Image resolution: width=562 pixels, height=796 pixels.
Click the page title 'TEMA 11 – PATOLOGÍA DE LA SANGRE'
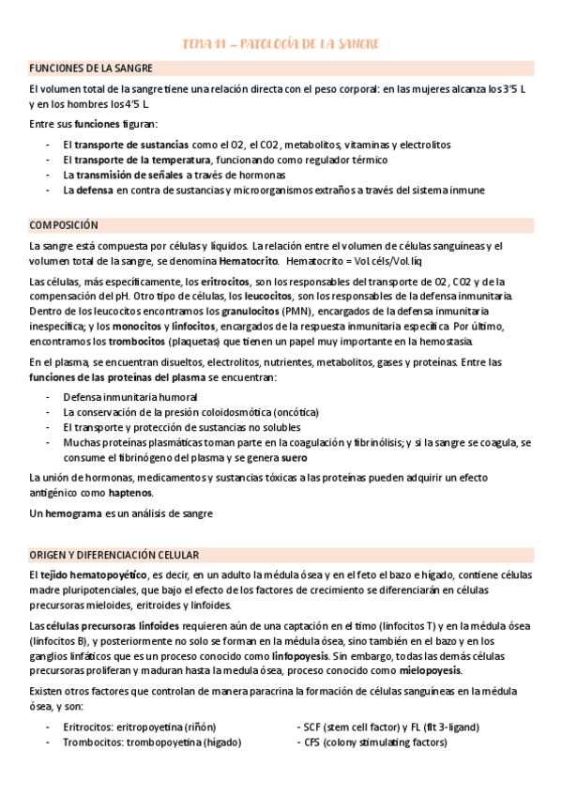[281, 44]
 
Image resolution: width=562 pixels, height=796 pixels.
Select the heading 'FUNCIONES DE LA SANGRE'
[91, 69]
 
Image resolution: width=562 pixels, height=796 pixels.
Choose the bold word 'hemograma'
[73, 513]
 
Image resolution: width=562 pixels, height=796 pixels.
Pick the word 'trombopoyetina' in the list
[160, 742]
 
